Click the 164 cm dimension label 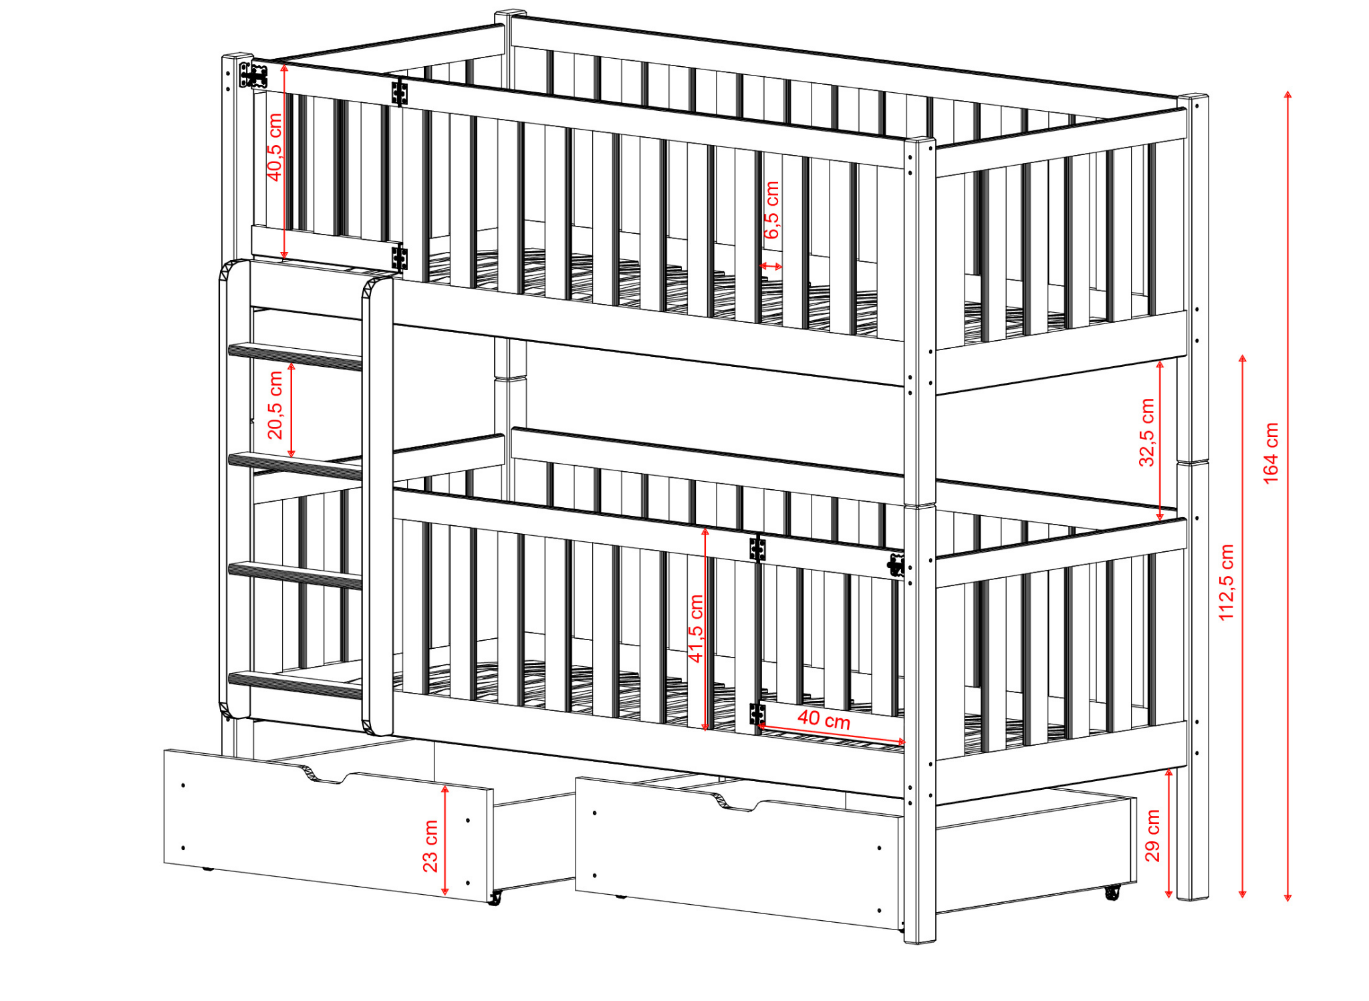pyautogui.click(x=1271, y=453)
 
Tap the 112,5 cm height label pyautogui.click(x=1226, y=582)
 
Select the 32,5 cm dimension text pyautogui.click(x=1146, y=432)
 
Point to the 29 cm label pyautogui.click(x=1152, y=835)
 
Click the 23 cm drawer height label pyautogui.click(x=430, y=846)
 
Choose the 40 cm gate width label pyautogui.click(x=824, y=720)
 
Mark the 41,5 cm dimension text pyautogui.click(x=696, y=628)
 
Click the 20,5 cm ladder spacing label pyautogui.click(x=275, y=405)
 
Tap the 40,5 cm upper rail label pyautogui.click(x=274, y=147)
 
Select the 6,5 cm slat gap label pyautogui.click(x=771, y=209)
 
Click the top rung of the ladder pyautogui.click(x=295, y=355)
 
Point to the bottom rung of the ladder pyautogui.click(x=295, y=684)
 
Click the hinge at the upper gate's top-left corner pyautogui.click(x=253, y=76)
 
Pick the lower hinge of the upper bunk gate pyautogui.click(x=400, y=257)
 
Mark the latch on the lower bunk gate pyautogui.click(x=896, y=565)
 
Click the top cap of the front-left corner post pyautogui.click(x=237, y=56)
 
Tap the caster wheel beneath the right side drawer pyautogui.click(x=1112, y=892)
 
